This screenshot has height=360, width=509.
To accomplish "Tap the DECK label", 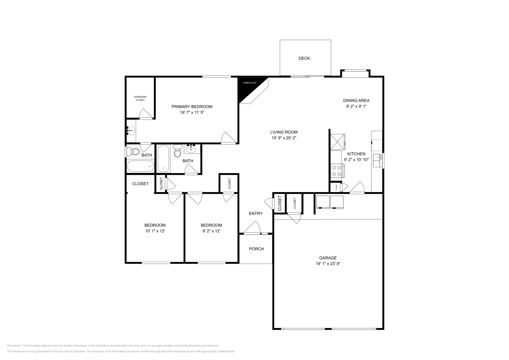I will (304, 58).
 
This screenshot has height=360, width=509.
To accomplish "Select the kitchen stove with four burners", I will (337, 170).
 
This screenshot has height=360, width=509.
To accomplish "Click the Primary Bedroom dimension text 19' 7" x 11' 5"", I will (192, 113).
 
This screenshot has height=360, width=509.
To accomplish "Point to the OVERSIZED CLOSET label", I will (140, 98).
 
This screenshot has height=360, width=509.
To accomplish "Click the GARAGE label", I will (328, 258).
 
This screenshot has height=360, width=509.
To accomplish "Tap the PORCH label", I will (256, 249).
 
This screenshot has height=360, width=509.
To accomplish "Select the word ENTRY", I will (256, 213).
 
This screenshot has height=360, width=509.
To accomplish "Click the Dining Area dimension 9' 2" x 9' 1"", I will (356, 107).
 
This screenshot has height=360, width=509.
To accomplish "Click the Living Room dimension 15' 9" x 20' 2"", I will (284, 138).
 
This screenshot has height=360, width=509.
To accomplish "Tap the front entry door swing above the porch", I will (253, 228).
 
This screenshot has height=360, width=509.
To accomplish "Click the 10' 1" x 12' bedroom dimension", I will (155, 231).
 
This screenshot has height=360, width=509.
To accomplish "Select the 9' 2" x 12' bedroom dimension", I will (211, 231).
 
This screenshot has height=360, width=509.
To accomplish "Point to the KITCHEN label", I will (356, 154).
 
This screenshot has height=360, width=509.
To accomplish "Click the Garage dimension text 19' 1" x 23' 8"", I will (328, 264).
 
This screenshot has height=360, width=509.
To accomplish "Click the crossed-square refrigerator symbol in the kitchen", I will (338, 142).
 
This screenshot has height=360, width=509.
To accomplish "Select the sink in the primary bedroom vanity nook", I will (131, 131).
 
